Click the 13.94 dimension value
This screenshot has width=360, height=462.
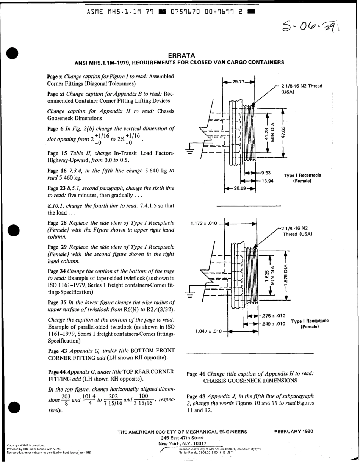268,180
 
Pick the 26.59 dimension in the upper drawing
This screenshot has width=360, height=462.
240,188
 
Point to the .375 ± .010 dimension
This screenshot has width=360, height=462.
274,316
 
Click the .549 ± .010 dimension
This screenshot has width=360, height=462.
274,324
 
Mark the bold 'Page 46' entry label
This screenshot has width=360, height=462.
196,373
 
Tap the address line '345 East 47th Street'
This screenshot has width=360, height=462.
182,437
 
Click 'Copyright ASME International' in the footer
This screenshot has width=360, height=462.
27,445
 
